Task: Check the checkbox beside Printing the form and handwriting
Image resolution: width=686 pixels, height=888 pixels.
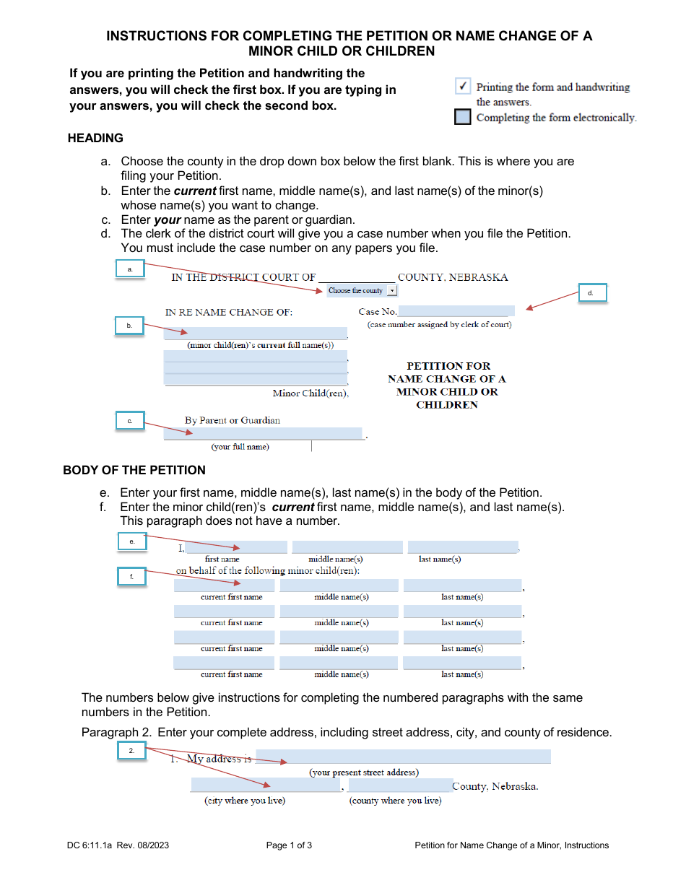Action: tap(464, 87)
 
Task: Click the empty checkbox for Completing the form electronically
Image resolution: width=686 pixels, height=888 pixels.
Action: tap(463, 117)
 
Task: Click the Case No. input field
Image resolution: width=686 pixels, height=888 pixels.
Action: tap(456, 311)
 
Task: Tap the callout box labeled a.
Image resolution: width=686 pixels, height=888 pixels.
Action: tap(130, 269)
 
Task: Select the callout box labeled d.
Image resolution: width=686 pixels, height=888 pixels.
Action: tap(591, 292)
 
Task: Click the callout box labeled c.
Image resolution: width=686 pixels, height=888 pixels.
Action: tap(130, 421)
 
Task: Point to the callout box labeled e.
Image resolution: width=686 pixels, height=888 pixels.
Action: tap(132, 541)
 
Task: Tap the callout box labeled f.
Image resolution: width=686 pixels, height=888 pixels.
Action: tap(132, 577)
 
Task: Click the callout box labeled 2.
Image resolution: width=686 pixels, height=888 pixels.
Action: tap(132, 751)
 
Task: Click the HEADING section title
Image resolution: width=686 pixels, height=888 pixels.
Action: tap(95, 138)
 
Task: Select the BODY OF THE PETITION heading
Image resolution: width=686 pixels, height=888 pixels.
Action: tap(134, 470)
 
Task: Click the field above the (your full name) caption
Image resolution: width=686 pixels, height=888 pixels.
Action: tap(264, 434)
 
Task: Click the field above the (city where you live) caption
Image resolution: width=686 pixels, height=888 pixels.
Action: tap(266, 785)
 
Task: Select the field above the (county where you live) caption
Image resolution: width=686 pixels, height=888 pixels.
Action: tap(400, 785)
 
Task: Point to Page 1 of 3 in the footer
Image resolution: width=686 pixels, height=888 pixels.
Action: tap(289, 845)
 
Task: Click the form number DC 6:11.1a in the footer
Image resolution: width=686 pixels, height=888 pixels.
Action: tap(95, 845)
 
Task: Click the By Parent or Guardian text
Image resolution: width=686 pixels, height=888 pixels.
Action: tap(233, 420)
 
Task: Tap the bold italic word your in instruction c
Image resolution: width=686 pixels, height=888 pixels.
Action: tap(168, 219)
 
